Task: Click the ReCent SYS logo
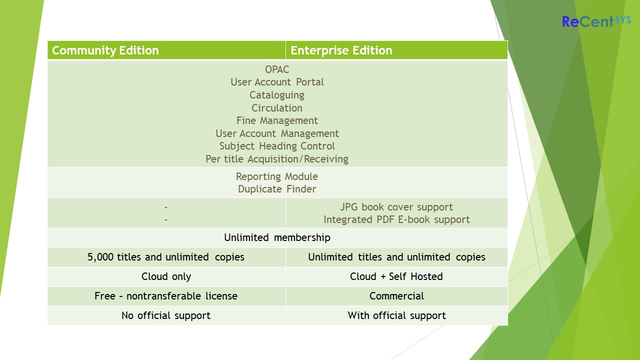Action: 596,21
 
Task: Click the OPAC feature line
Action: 277,69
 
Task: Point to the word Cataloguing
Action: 277,95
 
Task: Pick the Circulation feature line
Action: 277,108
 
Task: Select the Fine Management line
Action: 277,120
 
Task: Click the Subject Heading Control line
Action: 277,146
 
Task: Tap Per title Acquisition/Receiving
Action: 277,159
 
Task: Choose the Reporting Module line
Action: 277,176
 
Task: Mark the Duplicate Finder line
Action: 277,189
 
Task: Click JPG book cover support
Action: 396,207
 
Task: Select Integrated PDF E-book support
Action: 396,219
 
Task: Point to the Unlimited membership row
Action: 277,237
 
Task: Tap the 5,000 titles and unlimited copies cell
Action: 166,257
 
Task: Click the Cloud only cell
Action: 166,276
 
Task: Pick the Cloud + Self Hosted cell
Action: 396,276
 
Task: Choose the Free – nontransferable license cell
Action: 166,296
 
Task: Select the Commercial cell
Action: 396,296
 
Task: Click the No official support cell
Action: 166,315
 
